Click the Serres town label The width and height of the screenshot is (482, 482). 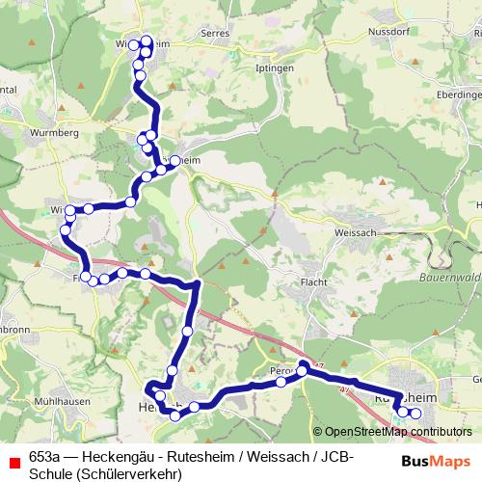tap(213, 32)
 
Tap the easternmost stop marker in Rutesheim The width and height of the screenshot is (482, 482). tap(416, 414)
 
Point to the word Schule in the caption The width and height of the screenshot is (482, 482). tap(50, 473)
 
